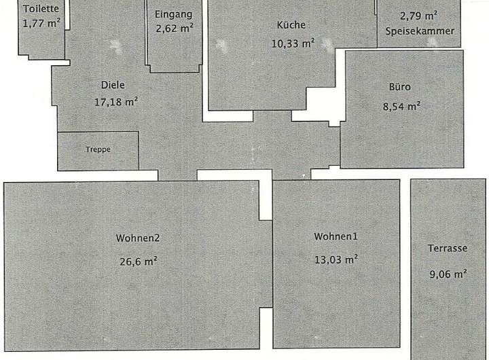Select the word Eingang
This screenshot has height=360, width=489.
point(174,14)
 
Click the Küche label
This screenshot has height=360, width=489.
point(291,25)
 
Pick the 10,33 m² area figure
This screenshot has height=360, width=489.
point(293,43)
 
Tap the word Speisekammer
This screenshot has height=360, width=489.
point(419,31)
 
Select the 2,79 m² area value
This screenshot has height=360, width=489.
point(418,16)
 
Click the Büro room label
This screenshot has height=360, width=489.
point(400,87)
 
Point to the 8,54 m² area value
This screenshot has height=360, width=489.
point(401,105)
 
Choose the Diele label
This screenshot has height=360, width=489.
point(113,85)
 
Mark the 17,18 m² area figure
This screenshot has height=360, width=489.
point(116,102)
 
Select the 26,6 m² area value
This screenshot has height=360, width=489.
point(138,259)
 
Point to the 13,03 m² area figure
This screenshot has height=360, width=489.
point(336,259)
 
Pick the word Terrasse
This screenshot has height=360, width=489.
point(448,248)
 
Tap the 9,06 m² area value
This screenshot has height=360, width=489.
point(448,274)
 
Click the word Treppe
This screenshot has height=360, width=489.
point(98,149)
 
